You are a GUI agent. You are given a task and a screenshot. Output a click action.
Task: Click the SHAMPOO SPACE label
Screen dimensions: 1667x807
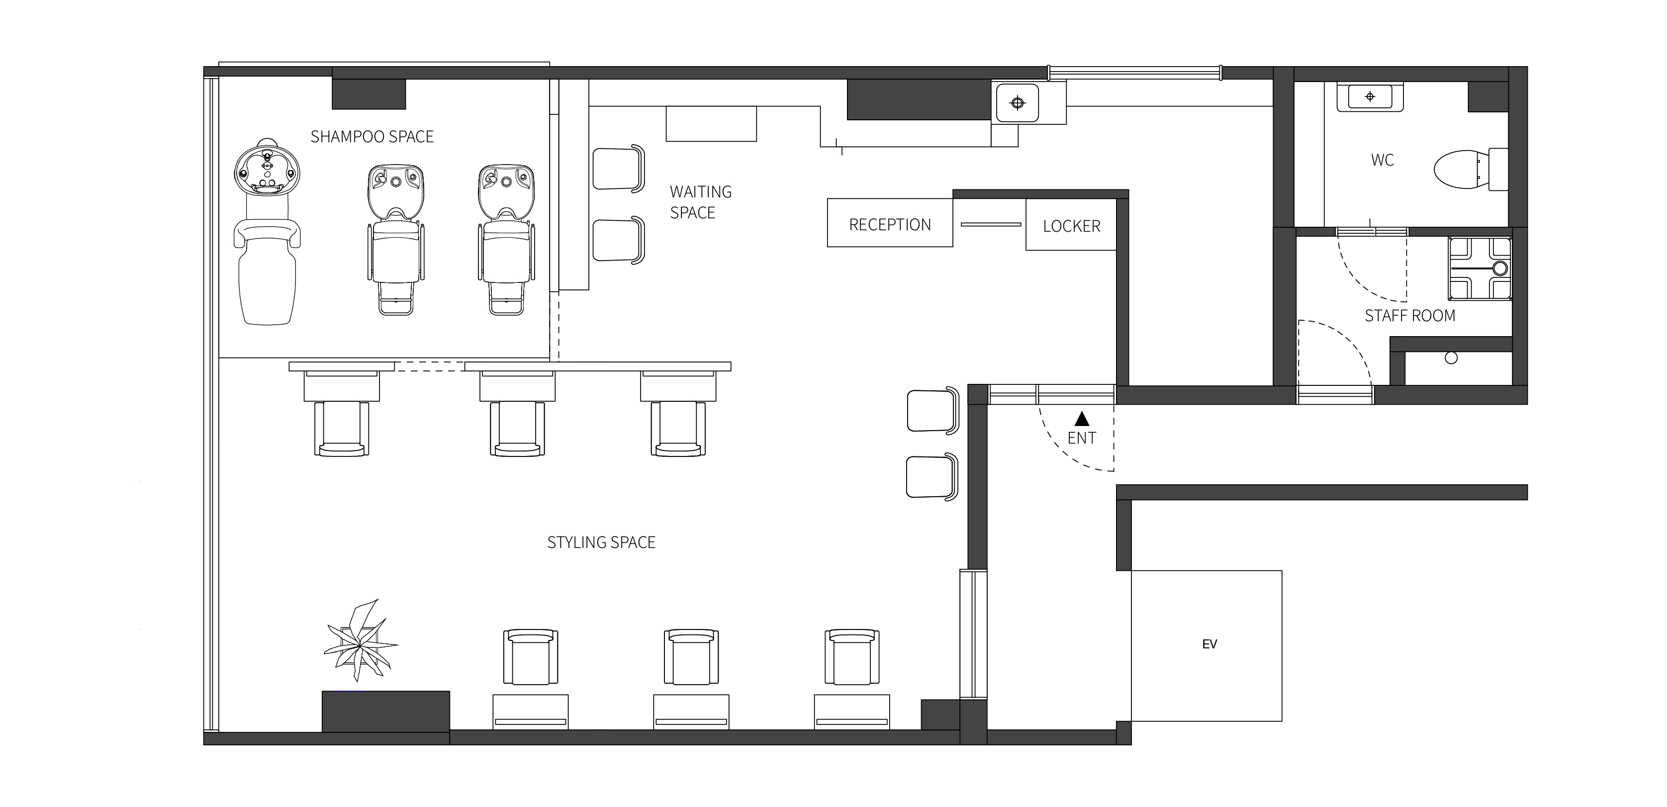372,137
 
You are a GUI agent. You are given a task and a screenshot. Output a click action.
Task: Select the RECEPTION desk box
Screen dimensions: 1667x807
890,223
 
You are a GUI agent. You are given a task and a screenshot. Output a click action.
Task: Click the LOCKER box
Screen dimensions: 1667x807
1071,225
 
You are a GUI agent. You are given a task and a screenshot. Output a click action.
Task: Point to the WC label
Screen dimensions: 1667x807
1382,160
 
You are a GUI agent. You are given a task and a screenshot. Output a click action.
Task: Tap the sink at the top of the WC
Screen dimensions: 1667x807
1370,97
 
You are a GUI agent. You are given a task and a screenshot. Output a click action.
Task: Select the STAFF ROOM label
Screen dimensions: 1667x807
1410,316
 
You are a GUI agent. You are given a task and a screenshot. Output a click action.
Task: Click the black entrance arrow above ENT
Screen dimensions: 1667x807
1081,419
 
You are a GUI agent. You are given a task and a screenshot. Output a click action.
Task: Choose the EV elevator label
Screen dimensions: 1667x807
1209,644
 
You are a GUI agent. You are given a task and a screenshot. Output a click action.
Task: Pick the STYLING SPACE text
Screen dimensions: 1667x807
601,542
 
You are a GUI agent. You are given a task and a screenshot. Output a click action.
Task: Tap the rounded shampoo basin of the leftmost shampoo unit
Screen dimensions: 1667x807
267,170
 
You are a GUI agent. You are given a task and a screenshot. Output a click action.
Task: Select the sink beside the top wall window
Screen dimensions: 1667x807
1018,103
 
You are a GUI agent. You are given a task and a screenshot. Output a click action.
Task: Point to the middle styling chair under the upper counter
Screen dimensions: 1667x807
517,429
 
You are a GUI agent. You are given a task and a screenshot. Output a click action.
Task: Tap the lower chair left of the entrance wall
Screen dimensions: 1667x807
932,476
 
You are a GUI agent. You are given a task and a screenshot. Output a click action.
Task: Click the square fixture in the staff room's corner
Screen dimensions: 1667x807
1480,268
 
